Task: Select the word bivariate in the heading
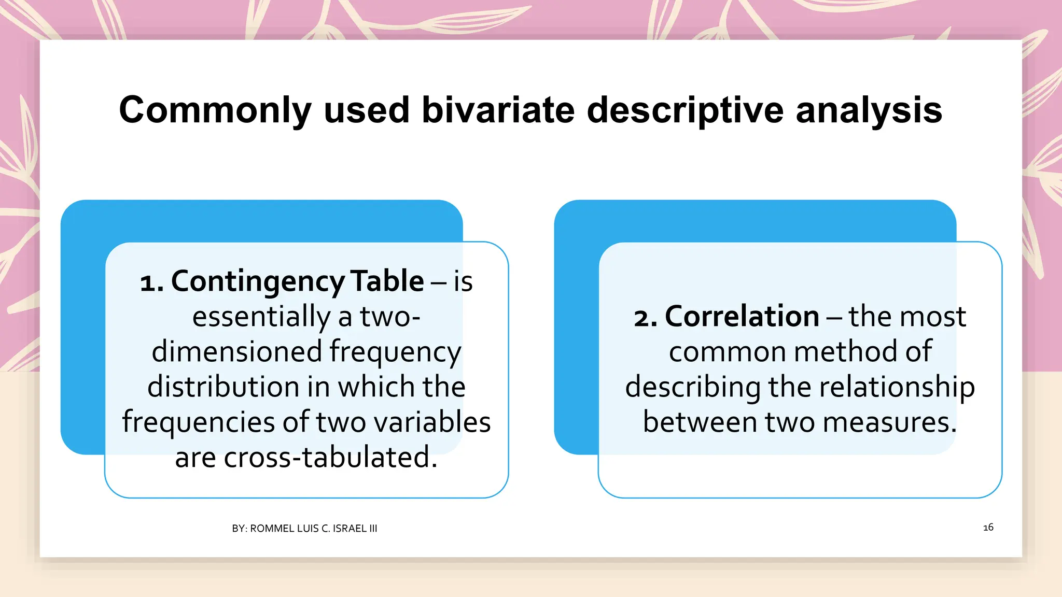click(498, 110)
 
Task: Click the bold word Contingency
click(258, 281)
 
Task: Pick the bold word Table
click(387, 281)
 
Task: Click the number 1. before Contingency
click(151, 282)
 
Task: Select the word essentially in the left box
click(261, 317)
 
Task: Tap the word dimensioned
click(236, 352)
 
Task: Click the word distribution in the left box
click(223, 387)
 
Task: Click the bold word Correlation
click(742, 317)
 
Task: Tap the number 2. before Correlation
click(645, 318)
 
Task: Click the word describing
click(692, 387)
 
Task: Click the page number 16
click(988, 528)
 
